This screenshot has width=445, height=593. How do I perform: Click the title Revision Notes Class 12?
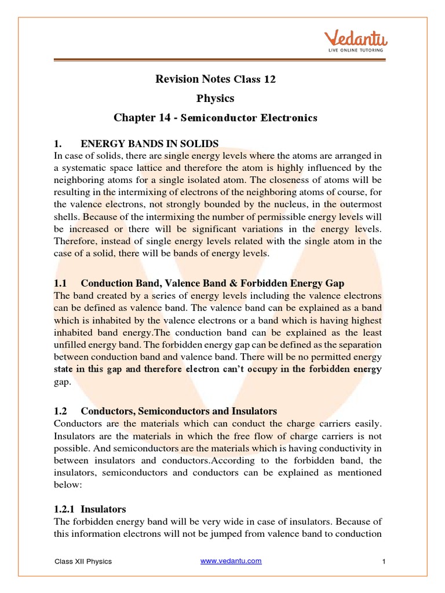pyautogui.click(x=216, y=79)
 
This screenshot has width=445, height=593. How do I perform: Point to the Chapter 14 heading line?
pyautogui.click(x=216, y=118)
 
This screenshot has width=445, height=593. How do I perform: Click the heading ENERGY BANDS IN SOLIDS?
pyautogui.click(x=149, y=143)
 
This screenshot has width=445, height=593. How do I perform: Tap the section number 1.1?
pyautogui.click(x=61, y=283)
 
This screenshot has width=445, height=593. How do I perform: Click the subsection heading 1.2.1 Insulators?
pyautogui.click(x=90, y=509)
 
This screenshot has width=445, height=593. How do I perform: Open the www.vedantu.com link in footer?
pyautogui.click(x=231, y=561)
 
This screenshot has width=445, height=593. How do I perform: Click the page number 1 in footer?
pyautogui.click(x=384, y=561)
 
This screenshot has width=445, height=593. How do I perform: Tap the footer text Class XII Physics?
pyautogui.click(x=83, y=561)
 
